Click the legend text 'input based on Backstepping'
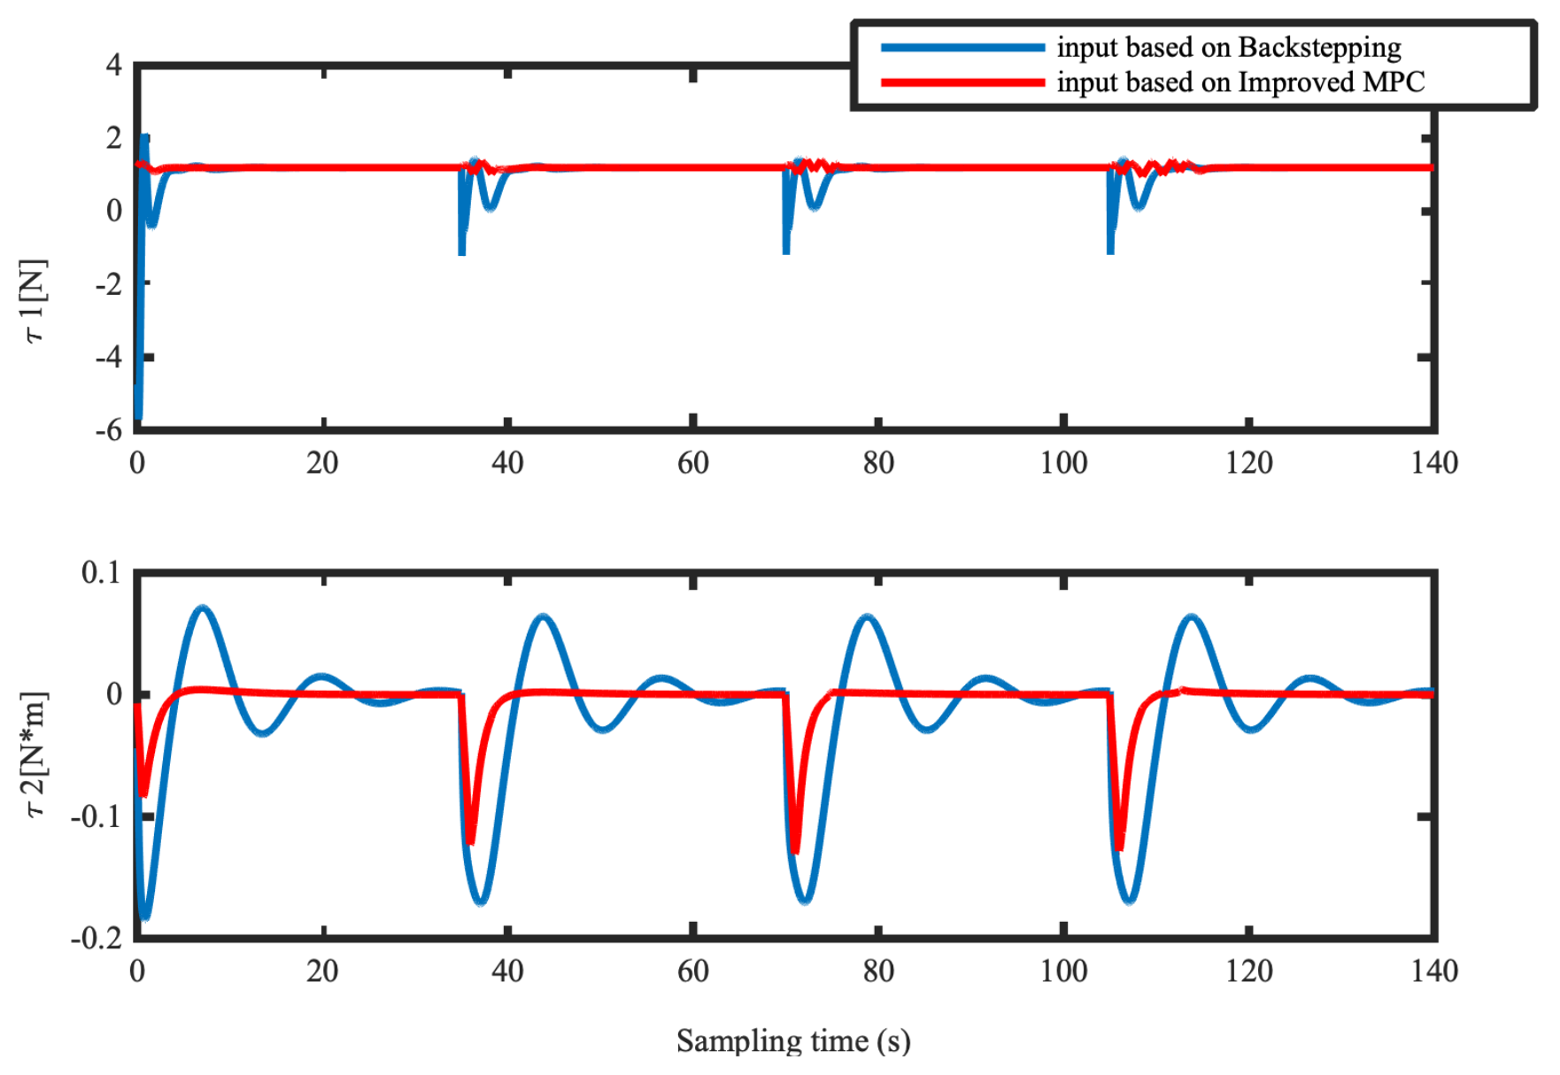pyautogui.click(x=1228, y=47)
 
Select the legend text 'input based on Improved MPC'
pyautogui.click(x=1240, y=82)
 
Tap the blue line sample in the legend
pyautogui.click(x=962, y=48)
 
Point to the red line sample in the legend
pyautogui.click(x=962, y=82)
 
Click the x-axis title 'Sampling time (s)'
pyautogui.click(x=793, y=1040)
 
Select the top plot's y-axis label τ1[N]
pyautogui.click(x=34, y=301)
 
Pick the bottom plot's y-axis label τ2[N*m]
pyautogui.click(x=35, y=754)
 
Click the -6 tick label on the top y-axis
pyautogui.click(x=109, y=430)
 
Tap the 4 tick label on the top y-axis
pyautogui.click(x=113, y=65)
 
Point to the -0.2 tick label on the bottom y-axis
pyautogui.click(x=97, y=939)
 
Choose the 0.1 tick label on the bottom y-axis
pyautogui.click(x=101, y=573)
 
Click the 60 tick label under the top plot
pyautogui.click(x=692, y=463)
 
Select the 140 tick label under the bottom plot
pyautogui.click(x=1434, y=971)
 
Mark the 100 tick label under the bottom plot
pyautogui.click(x=1063, y=971)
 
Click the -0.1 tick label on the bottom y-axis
pyautogui.click(x=97, y=816)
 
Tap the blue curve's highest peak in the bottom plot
pyautogui.click(x=204, y=608)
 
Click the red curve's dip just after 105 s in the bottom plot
pyautogui.click(x=1121, y=846)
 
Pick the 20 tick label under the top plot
pyautogui.click(x=322, y=463)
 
